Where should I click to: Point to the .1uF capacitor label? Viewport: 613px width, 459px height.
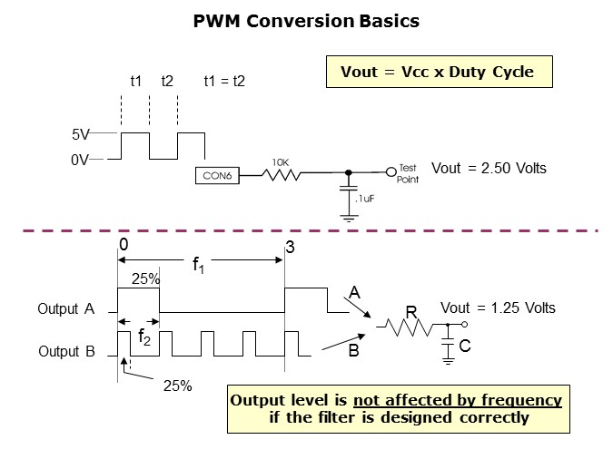(366, 198)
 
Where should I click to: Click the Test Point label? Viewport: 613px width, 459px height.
(408, 173)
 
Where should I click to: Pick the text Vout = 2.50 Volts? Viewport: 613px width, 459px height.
(489, 169)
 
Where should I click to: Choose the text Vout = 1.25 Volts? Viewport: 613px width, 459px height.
(498, 308)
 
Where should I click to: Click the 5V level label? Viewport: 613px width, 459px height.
(82, 134)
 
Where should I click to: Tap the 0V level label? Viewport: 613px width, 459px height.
(82, 160)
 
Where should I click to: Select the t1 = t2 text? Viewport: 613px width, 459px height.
(224, 82)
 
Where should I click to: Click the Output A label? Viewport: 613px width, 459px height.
(66, 309)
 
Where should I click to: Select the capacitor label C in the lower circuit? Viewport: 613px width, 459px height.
(465, 347)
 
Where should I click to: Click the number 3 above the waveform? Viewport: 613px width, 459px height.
(290, 247)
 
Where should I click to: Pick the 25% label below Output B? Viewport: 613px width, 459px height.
(177, 386)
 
